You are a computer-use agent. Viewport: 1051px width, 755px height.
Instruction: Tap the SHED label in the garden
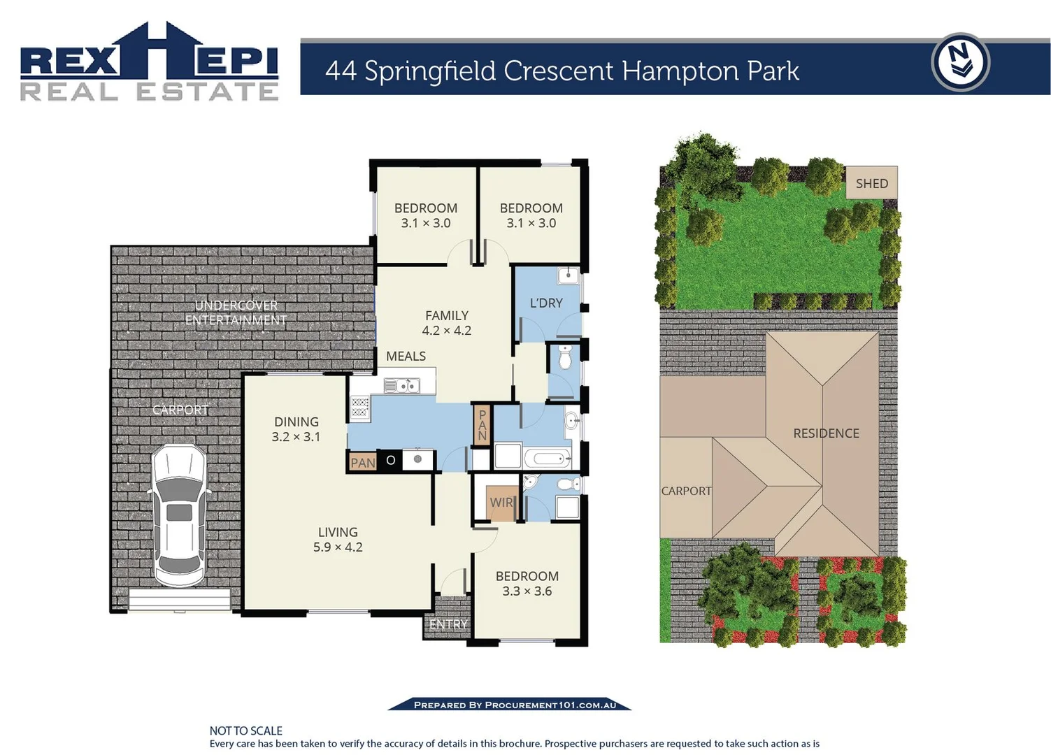pos(871,183)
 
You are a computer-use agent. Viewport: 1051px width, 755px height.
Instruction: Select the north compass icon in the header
pos(960,62)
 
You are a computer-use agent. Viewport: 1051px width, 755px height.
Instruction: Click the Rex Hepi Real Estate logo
pos(149,64)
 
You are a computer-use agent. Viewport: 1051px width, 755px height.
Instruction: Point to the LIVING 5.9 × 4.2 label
pos(338,540)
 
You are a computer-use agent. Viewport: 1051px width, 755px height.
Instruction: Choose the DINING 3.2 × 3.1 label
pos(296,429)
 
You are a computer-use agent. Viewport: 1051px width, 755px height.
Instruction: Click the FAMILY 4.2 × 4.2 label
pos(446,323)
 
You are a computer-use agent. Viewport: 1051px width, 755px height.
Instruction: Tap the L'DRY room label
pos(545,303)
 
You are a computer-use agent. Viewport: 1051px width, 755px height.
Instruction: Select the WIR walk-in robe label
pos(501,502)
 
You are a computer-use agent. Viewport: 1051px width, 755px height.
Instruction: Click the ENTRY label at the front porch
pos(448,624)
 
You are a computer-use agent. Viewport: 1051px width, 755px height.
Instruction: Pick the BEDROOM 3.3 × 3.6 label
pos(527,584)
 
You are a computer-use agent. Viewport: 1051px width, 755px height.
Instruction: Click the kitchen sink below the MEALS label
pos(401,385)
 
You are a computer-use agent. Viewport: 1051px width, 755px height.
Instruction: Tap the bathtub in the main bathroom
pos(547,459)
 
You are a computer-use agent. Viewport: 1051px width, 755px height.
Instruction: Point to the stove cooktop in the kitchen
pos(359,407)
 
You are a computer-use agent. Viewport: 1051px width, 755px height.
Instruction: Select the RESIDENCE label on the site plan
pos(826,433)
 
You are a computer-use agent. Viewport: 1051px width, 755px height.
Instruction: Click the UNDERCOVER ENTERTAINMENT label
pos(236,312)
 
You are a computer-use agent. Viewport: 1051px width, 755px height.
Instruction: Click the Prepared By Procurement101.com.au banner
pos(510,705)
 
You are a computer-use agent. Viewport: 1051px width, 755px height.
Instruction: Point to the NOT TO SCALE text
pos(245,731)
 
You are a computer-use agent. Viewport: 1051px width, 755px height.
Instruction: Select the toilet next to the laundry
pos(565,359)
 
